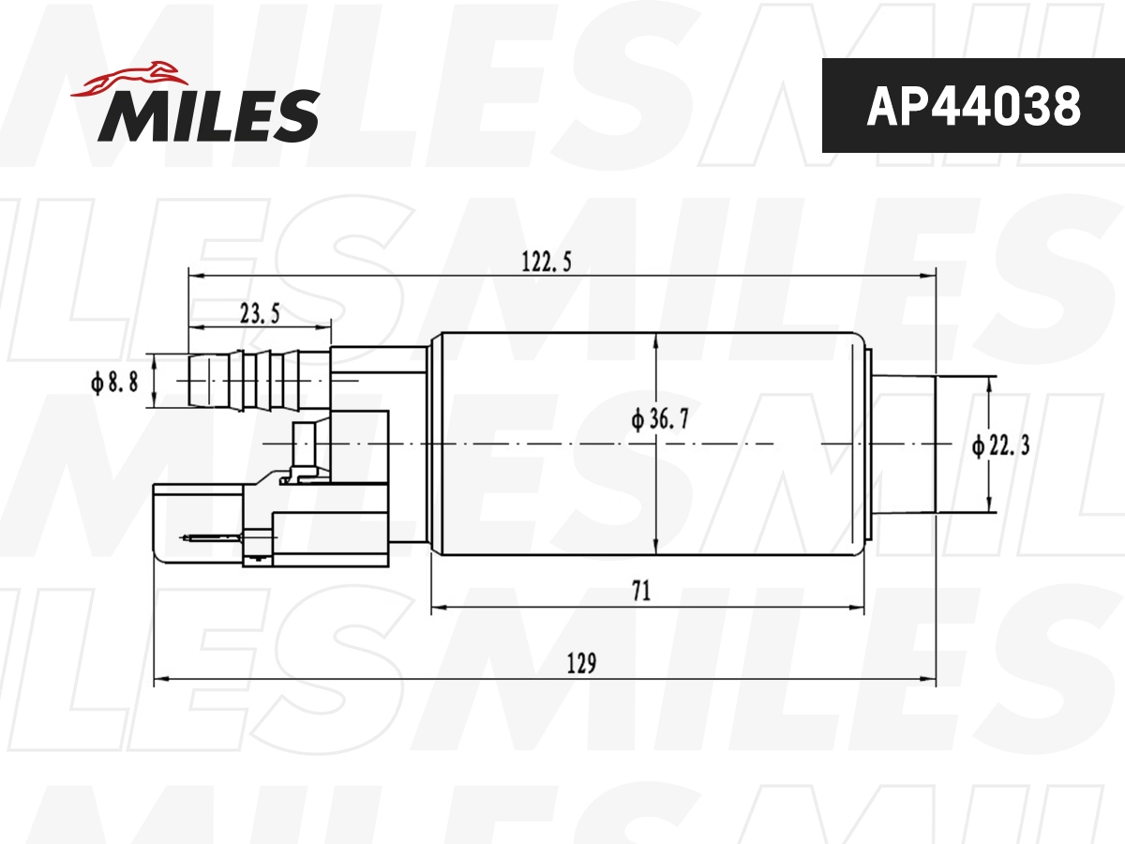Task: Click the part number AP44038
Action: pos(973,106)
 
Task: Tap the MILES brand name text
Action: pos(209,115)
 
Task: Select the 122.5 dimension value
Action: pos(547,263)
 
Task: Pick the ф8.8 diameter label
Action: pos(114,381)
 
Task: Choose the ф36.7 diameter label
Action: pos(661,420)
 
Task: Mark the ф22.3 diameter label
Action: pos(1001,447)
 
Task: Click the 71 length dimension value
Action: pos(641,592)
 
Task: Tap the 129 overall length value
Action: pos(581,663)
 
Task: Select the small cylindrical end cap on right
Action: pos(905,444)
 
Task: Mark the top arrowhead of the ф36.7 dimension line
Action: pos(656,340)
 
